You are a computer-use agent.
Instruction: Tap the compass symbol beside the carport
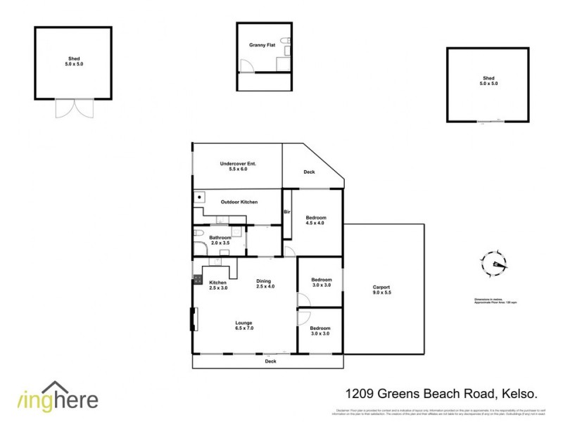[494, 265]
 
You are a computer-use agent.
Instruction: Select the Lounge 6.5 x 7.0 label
[243, 326]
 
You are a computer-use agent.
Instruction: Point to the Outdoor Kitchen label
[239, 202]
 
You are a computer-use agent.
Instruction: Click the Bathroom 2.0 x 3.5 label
[220, 241]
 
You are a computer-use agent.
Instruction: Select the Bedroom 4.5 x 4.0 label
[315, 221]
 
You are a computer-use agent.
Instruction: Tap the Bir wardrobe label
[287, 212]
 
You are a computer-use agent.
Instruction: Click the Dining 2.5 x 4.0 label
[265, 283]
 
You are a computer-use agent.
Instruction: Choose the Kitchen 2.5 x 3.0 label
[218, 285]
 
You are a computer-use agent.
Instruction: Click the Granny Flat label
[260, 45]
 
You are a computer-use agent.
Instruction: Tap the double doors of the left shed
[74, 108]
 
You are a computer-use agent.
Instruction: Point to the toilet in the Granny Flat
[283, 43]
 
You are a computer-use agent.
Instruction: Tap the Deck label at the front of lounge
[270, 361]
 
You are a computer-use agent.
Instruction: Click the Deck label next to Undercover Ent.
[309, 172]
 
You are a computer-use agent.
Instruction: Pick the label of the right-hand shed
[488, 81]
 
